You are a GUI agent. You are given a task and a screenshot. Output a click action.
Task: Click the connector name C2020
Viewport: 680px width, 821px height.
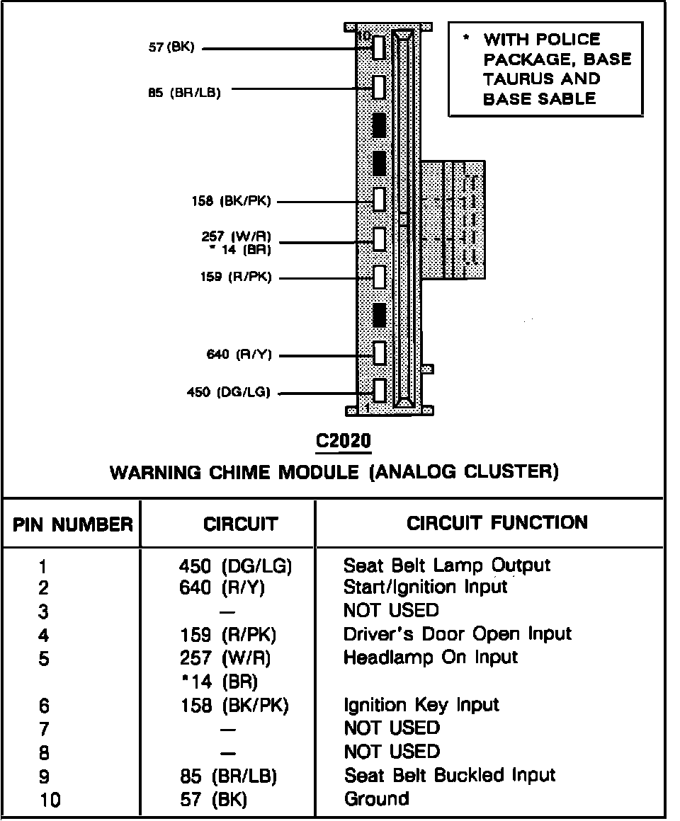344,442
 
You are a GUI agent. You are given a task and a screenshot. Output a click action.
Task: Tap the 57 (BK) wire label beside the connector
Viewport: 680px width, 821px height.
171,48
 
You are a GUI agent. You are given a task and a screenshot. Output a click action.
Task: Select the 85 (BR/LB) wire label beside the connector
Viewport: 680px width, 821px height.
184,91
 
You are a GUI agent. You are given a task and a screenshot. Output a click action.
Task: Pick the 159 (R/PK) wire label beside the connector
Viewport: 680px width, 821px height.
235,277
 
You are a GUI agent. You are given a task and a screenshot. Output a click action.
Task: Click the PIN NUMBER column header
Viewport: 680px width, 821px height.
72,525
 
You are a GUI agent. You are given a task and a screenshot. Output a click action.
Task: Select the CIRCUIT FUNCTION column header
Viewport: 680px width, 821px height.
497,523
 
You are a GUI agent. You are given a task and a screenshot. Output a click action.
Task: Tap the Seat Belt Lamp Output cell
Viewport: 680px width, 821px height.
446,565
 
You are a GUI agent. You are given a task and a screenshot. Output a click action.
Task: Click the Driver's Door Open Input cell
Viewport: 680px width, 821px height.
457,634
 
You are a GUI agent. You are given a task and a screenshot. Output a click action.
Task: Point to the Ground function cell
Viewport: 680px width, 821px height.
376,799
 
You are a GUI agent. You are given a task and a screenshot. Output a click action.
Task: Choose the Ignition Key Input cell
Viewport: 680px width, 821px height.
421,705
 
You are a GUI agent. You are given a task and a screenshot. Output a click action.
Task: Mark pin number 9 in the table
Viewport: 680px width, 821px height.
45,777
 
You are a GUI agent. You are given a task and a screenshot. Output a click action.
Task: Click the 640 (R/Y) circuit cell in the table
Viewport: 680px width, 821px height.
222,588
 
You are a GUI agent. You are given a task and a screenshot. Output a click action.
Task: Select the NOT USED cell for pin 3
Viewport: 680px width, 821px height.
391,610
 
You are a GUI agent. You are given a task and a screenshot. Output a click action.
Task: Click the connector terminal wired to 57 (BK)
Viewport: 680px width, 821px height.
379,48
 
